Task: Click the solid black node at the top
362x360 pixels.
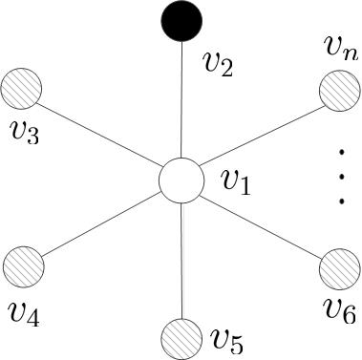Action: pos(181,20)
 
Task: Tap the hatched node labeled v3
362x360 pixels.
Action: pos(22,92)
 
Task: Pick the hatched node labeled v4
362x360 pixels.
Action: pos(24,264)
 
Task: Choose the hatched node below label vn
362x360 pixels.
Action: pos(337,92)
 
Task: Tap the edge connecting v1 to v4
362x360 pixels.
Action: pos(100,222)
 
